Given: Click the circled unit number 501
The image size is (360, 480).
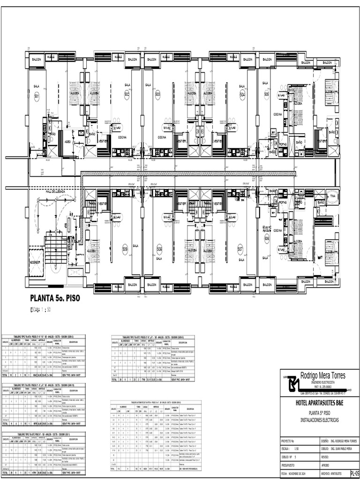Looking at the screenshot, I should [37, 97].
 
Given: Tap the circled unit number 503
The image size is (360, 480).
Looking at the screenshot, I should [157, 95].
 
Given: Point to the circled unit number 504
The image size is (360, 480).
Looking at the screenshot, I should [242, 95].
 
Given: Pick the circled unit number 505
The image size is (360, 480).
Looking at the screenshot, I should [266, 95].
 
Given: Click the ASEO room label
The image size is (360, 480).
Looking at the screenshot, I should [67, 140].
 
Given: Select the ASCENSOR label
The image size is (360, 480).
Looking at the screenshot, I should [36, 262].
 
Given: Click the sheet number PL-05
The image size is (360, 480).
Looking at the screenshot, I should [354, 473].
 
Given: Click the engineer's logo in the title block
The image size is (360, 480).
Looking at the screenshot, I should [292, 384].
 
